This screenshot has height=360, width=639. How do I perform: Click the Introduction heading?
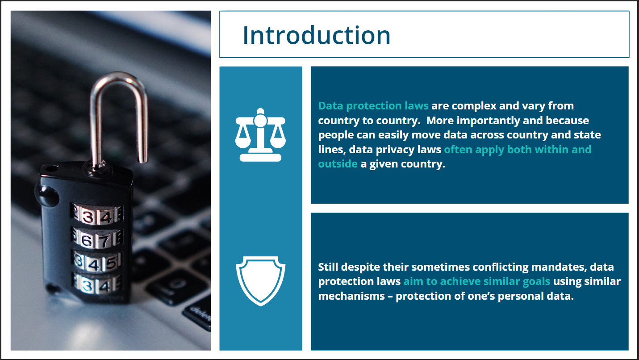point(316,35)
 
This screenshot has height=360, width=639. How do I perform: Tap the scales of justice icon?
point(260,134)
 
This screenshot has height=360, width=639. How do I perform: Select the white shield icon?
point(260,280)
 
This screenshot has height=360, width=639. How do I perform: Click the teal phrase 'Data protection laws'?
point(373,106)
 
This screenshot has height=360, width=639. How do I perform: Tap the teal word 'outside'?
point(338,164)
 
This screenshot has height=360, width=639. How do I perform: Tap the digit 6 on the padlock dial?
point(87,241)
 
